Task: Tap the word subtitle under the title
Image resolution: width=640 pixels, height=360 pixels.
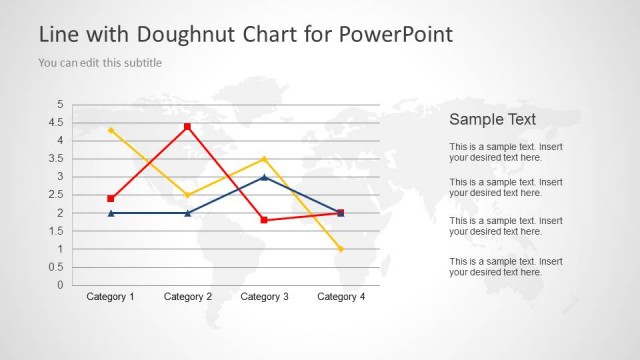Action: pos(141,63)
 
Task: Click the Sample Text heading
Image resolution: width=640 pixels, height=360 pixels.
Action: pos(492,119)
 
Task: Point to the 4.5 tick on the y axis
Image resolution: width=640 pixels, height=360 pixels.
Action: pos(58,123)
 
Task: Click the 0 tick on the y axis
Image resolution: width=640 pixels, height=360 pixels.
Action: pos(60,285)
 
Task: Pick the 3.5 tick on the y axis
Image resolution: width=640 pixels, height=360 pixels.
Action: pos(58,159)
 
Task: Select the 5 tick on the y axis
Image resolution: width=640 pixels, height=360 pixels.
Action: pos(60,105)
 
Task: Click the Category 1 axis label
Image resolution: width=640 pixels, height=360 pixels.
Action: pos(110,297)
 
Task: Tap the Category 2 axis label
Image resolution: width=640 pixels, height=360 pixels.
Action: pos(187,297)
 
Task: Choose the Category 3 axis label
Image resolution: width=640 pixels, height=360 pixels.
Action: pos(264,297)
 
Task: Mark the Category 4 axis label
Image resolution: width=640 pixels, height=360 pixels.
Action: pos(341,297)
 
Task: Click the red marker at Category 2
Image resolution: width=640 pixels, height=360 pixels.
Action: pos(187,127)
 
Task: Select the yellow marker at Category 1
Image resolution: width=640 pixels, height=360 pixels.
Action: pos(110,130)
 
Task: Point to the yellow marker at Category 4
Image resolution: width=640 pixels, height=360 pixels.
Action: pos(341,249)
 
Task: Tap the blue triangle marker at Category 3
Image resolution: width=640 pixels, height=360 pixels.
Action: pos(264,177)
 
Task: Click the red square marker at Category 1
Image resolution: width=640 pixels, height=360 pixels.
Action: pos(110,199)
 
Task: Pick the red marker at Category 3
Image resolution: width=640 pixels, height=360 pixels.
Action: pos(264,220)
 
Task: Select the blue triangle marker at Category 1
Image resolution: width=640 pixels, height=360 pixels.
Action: pos(110,213)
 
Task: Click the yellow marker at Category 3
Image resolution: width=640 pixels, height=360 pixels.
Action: pos(264,159)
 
